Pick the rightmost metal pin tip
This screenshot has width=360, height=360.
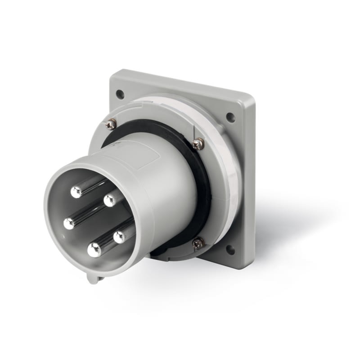120,237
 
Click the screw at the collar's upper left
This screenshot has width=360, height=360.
111,125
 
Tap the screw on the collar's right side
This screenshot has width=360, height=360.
198,144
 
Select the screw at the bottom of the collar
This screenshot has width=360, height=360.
198,243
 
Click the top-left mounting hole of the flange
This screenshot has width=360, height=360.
120,94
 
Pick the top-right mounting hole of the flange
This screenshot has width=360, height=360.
230,117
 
